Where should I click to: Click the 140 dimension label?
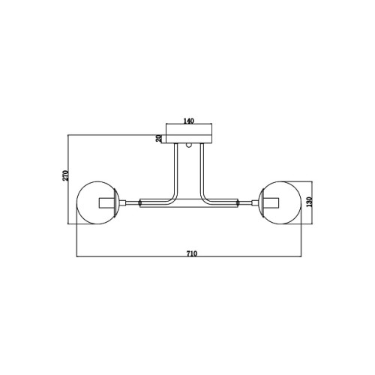click(x=189, y=121)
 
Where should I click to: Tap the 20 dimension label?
click(x=159, y=138)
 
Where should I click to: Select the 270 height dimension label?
click(x=65, y=175)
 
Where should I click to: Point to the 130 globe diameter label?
click(x=310, y=202)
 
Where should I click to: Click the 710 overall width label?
click(x=192, y=253)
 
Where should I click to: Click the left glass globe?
click(x=76, y=203)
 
